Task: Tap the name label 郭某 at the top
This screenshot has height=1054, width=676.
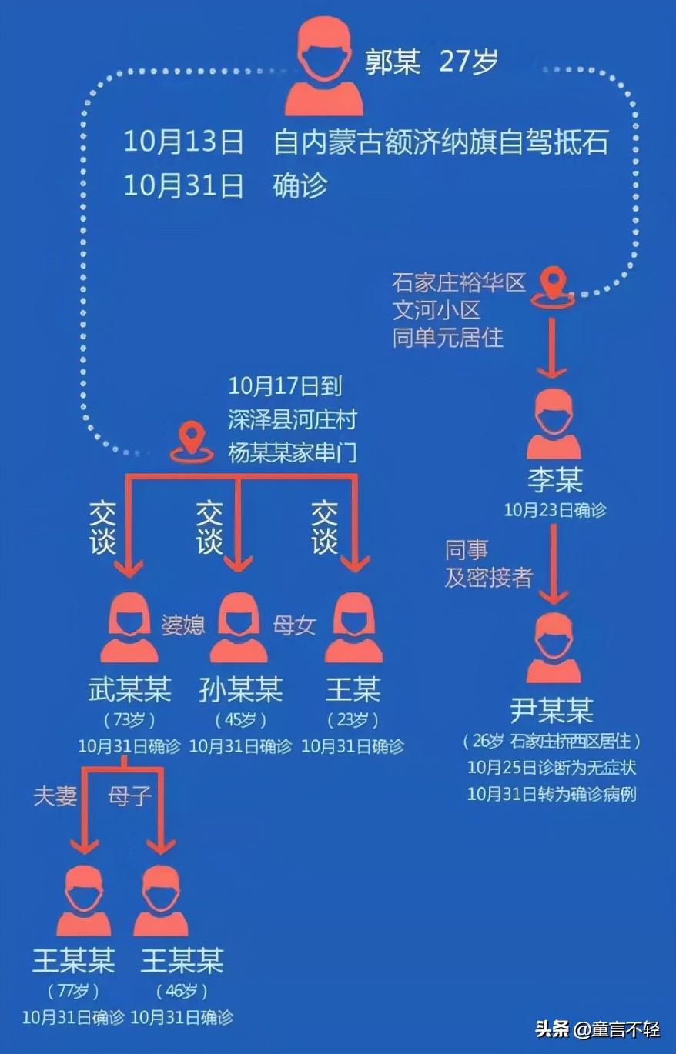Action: click(393, 62)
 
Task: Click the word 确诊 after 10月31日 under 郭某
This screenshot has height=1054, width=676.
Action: click(300, 186)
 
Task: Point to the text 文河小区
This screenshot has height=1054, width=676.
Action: click(437, 310)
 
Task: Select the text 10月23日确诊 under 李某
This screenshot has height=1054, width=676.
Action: click(554, 510)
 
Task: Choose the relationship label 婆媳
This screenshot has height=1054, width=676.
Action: click(182, 625)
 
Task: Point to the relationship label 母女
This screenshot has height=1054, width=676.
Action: click(295, 625)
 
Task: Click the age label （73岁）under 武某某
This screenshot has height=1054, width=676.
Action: click(129, 721)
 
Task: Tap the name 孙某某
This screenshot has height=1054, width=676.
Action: click(241, 689)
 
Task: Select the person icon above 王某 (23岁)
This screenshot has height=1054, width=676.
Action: click(353, 627)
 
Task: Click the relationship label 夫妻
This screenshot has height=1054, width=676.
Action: click(55, 796)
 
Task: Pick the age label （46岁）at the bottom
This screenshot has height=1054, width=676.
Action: click(182, 991)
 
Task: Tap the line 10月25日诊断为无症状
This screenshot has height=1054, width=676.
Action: click(551, 768)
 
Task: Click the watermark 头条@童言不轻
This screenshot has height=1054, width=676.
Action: click(597, 1029)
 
